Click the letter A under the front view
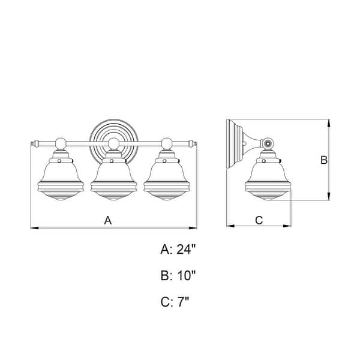pyautogui.click(x=107, y=220)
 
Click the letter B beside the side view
pyautogui.click(x=324, y=160)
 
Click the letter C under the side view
pyautogui.click(x=259, y=220)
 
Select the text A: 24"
pyautogui.click(x=178, y=249)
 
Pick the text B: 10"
pyautogui.click(x=178, y=275)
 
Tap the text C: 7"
pyautogui.click(x=175, y=302)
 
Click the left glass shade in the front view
pyautogui.click(x=61, y=181)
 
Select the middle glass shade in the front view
pyautogui.click(x=113, y=181)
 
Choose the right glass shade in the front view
pyautogui.click(x=167, y=181)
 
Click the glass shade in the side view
pyautogui.click(x=268, y=181)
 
